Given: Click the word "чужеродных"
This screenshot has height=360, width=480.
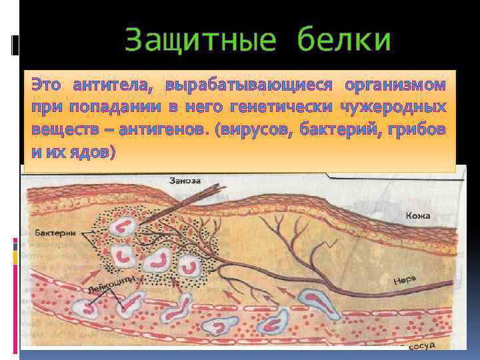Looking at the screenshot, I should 393,107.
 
